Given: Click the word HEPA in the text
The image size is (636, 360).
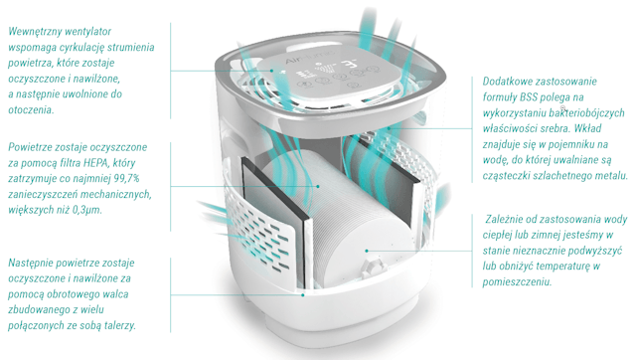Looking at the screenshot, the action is coord(95,163).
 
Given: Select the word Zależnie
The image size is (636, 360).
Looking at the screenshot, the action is coord(504,220).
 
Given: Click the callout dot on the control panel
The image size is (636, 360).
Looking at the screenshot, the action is coord(272,71).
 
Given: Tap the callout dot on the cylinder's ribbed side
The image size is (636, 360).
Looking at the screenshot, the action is coord(318,186).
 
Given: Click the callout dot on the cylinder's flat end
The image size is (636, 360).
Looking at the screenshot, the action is coord(367,251).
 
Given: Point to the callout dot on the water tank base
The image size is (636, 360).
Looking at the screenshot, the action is coord(303,295).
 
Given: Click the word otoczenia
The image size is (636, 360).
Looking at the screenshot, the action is coord(31,110).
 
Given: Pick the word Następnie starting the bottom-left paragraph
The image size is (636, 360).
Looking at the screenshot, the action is coord(30,264).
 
